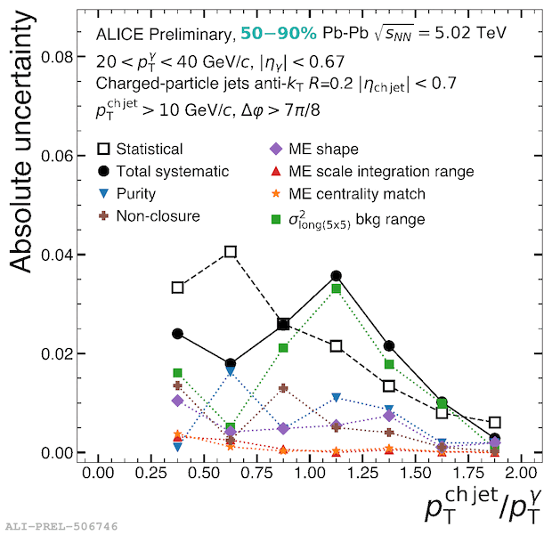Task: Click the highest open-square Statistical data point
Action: pyautogui.click(x=231, y=252)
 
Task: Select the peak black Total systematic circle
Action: pyautogui.click(x=337, y=276)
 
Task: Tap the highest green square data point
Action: pyautogui.click(x=337, y=288)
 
